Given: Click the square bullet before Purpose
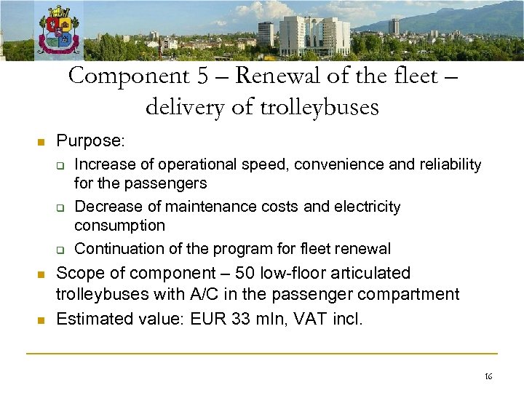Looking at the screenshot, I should tap(41, 140).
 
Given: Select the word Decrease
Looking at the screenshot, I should tap(104, 207).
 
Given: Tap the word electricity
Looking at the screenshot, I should tap(367, 207).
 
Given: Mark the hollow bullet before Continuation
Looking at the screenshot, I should tap(63, 250).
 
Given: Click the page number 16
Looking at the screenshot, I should tap(488, 376).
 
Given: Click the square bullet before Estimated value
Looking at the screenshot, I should tap(41, 320).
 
